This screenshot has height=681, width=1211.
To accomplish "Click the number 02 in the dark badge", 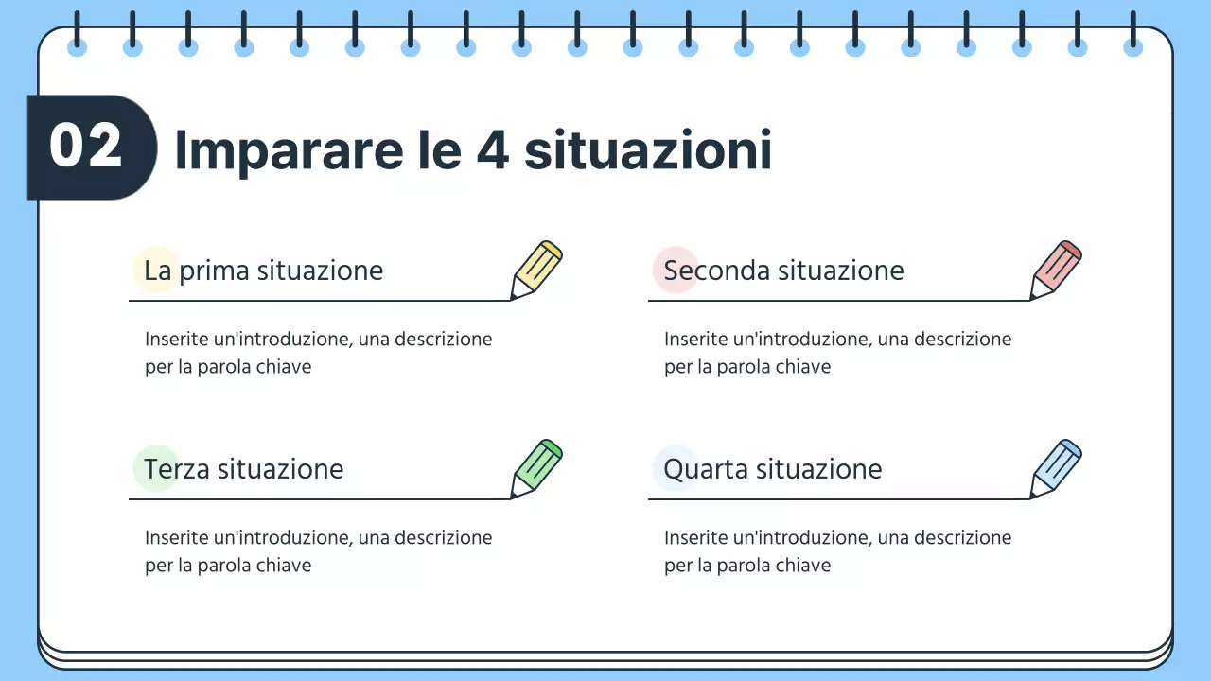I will [86, 147].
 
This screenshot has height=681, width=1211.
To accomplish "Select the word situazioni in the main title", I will [648, 150].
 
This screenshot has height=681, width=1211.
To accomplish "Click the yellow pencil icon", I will [536, 271].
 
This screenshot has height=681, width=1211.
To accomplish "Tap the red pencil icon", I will [1056, 271].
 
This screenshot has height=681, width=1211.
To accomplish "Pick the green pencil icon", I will [536, 469].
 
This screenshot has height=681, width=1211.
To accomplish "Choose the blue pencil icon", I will [1056, 469].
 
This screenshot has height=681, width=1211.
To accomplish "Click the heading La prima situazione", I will [263, 271].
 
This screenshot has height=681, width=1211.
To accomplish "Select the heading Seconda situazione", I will [783, 271].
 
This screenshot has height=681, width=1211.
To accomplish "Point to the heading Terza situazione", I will [243, 469].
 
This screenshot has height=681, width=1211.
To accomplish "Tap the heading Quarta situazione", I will [772, 469].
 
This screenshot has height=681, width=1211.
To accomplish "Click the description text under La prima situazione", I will [318, 352].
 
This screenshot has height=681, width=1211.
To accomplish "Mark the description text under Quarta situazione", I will [837, 550].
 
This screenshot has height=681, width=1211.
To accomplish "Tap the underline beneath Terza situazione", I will [319, 498].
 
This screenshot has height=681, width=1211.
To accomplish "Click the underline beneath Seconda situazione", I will [838, 301].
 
